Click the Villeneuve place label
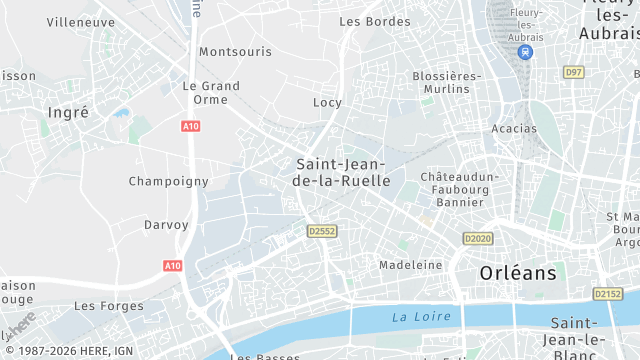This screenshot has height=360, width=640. pos(80,21)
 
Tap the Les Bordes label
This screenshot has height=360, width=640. pos(374,21)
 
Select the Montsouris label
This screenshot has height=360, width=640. pos(235,51)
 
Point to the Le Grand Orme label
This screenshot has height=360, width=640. pos(211,92)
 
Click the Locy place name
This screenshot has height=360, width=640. pos(327,102)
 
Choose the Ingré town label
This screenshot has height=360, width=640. pos(68,112)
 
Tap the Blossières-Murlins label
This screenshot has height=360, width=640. pos(441,82)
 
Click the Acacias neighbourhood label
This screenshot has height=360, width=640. pos(514,128)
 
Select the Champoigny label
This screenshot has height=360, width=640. pos(168,181)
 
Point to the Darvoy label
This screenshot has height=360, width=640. pos(166,225)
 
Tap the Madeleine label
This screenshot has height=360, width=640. pos(410,265)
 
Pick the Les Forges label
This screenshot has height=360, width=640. pos(108,306)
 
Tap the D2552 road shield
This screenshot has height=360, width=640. pos(322,231)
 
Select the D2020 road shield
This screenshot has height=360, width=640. pos(478,238)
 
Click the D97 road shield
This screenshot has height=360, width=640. pos(573,72)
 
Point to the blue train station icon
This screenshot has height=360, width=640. pos(526,52)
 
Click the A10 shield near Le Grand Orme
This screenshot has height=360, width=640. pos(190,126)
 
